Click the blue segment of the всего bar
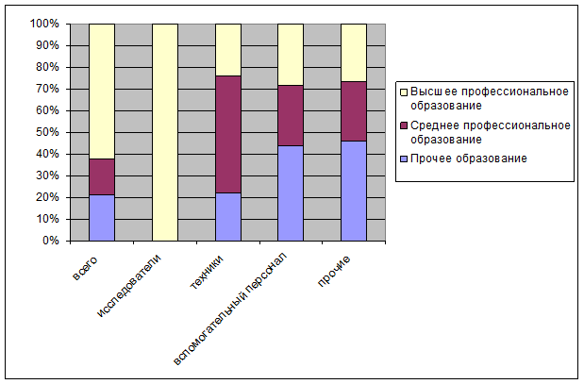pos(102,218)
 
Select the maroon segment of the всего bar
pos(102,176)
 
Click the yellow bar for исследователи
pos(164,132)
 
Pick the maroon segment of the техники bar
pos(227,134)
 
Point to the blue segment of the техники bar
pos(227,217)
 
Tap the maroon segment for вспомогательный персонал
pos(291,115)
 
